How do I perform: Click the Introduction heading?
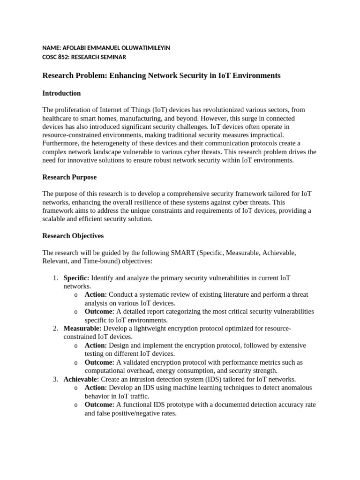[61, 93]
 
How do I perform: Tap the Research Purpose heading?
[69, 177]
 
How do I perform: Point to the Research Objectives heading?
[73, 236]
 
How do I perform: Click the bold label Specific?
[76, 278]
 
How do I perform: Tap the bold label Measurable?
[82, 329]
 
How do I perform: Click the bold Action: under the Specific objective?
[96, 295]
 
